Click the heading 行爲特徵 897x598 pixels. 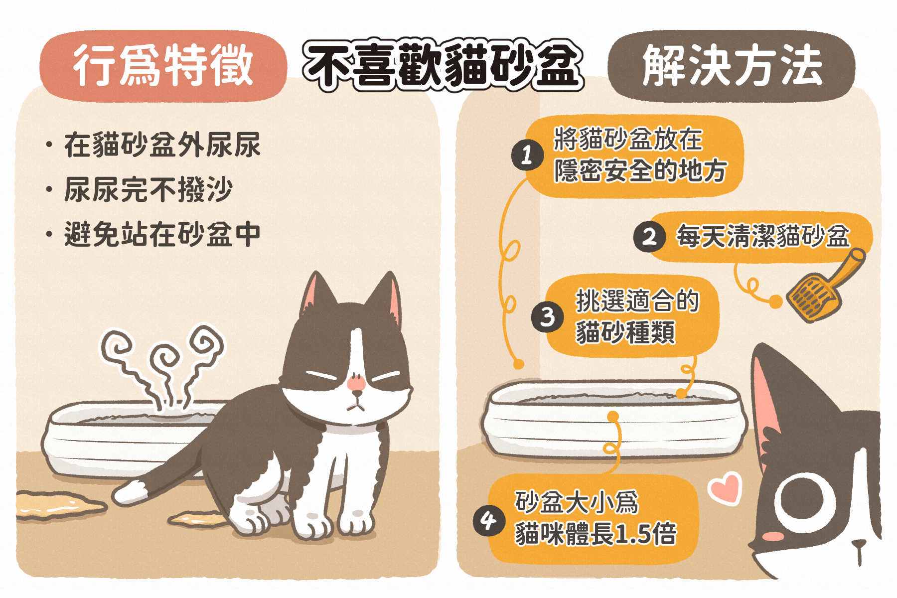coord(162,67)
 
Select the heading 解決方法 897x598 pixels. coord(732,67)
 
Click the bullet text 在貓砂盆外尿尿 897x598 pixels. coord(162,145)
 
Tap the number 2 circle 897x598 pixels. coord(649,237)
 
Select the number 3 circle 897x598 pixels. coord(547,316)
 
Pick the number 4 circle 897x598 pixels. coord(488,523)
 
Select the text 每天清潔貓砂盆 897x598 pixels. coord(762,237)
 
